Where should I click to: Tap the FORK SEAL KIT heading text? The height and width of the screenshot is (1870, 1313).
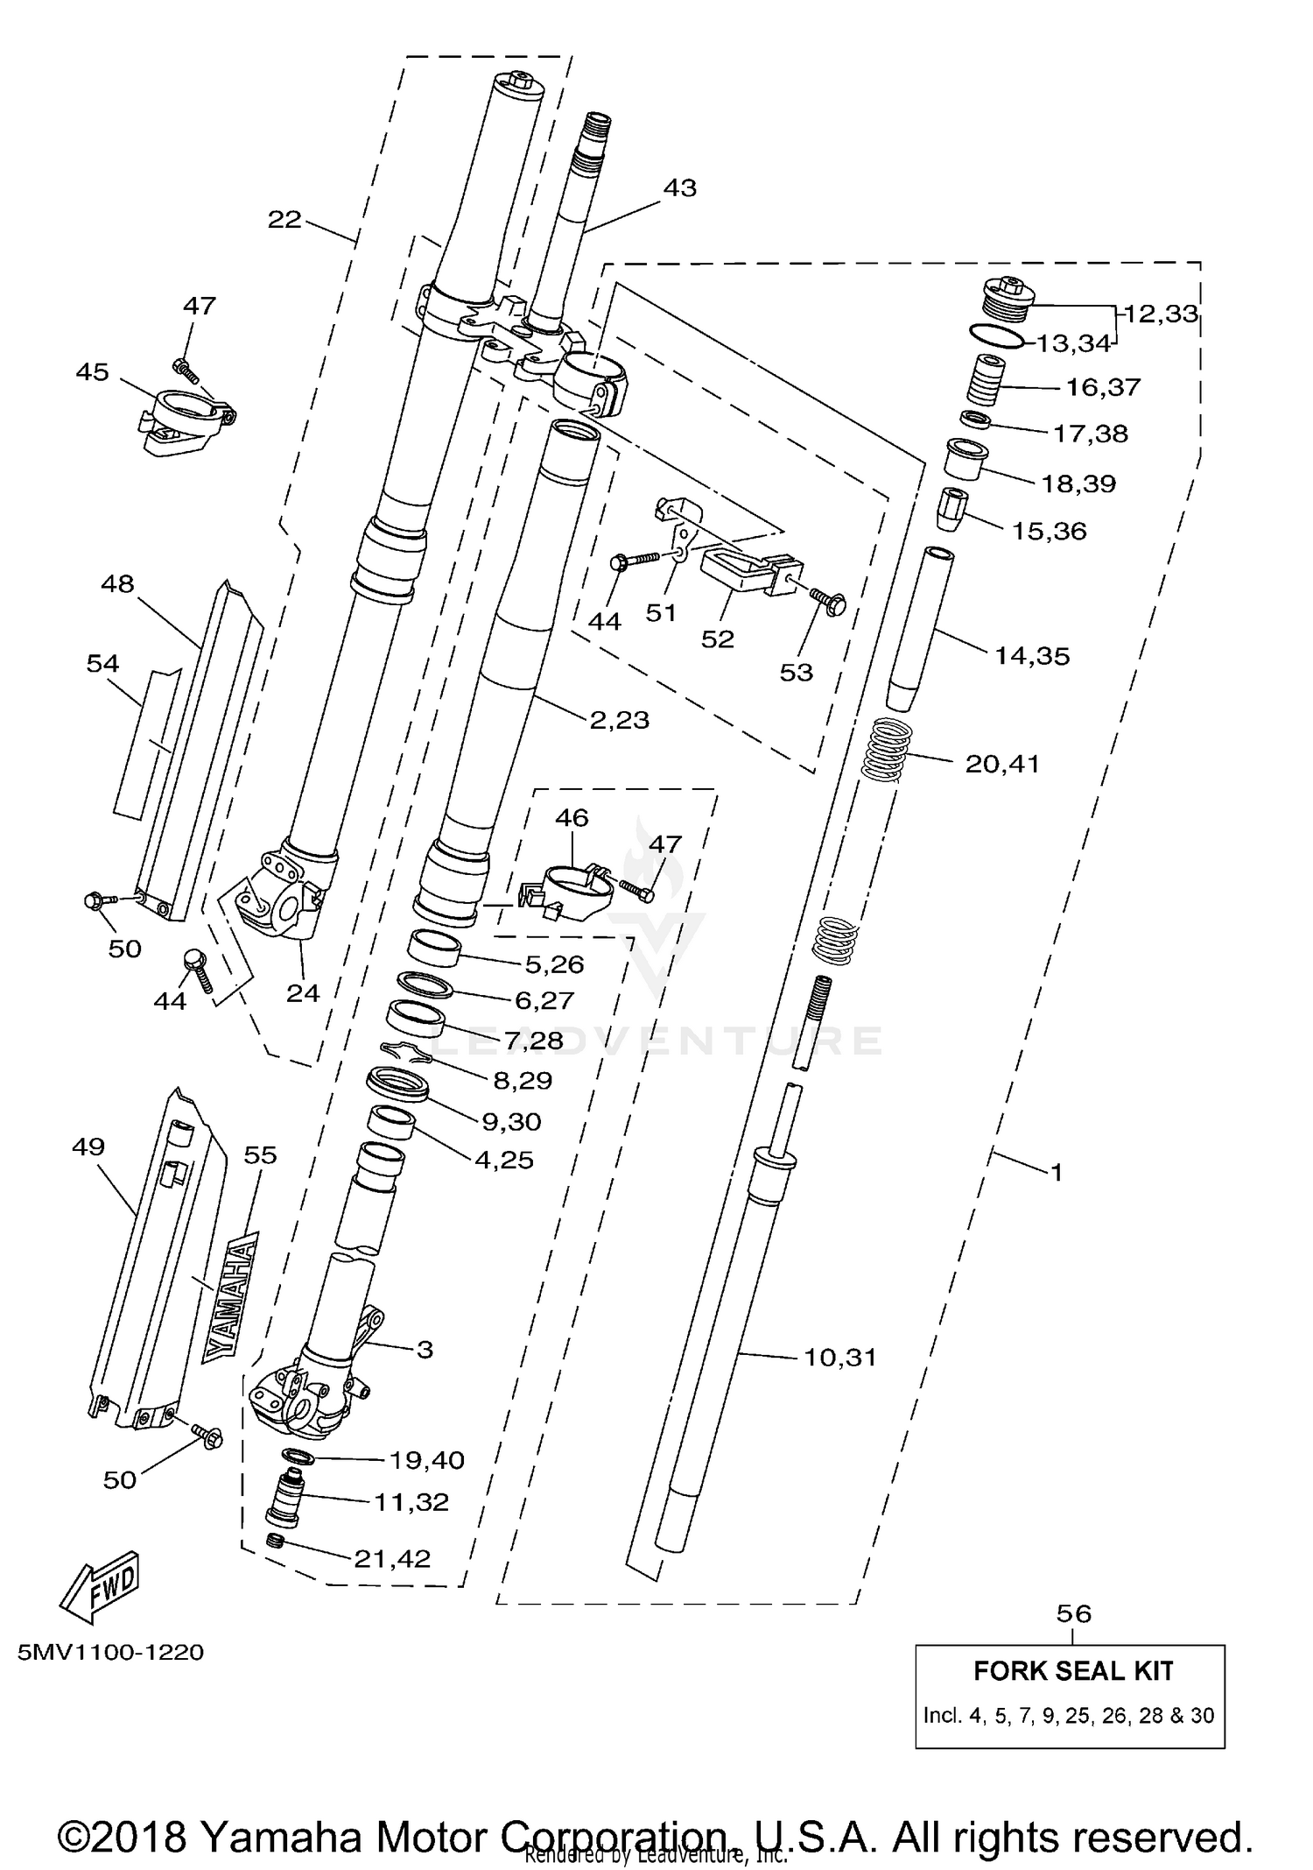point(1073,1671)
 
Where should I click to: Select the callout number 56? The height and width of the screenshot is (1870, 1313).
point(1074,1614)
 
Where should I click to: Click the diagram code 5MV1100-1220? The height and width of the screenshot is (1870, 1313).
point(111,1653)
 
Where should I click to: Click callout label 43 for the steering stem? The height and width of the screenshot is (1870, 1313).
point(680,188)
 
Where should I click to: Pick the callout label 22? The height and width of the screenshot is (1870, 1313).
point(284,220)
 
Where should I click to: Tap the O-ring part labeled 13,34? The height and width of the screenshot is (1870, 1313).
point(996,335)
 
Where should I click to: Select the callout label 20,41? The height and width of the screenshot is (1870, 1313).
point(1002,765)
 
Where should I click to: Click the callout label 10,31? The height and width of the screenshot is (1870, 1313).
point(839,1358)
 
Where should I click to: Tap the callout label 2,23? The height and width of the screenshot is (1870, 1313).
point(619,720)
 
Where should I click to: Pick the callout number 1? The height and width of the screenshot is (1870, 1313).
point(1057,1172)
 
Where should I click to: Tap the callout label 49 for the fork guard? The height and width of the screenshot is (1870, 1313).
point(88,1147)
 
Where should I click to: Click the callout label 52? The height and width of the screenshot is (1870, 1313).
point(717,639)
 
